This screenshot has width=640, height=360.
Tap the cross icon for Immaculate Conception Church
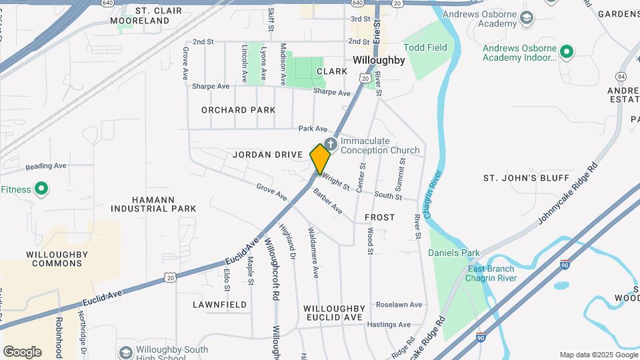pos(331,145)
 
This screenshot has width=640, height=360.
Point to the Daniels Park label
pos(454,253)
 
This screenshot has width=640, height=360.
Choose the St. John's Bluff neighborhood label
pos(526,178)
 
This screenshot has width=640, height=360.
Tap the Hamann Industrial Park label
pos(153,203)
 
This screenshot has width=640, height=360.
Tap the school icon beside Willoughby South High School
pos(125,352)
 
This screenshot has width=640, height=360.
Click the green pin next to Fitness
pos(41,189)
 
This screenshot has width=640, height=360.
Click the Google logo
pos(22,351)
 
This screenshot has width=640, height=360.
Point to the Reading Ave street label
pos(46,166)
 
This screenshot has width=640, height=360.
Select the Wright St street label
pos(335,181)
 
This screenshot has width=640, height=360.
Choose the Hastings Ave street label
pos(391,325)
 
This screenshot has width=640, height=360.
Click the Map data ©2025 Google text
pos(598,355)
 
